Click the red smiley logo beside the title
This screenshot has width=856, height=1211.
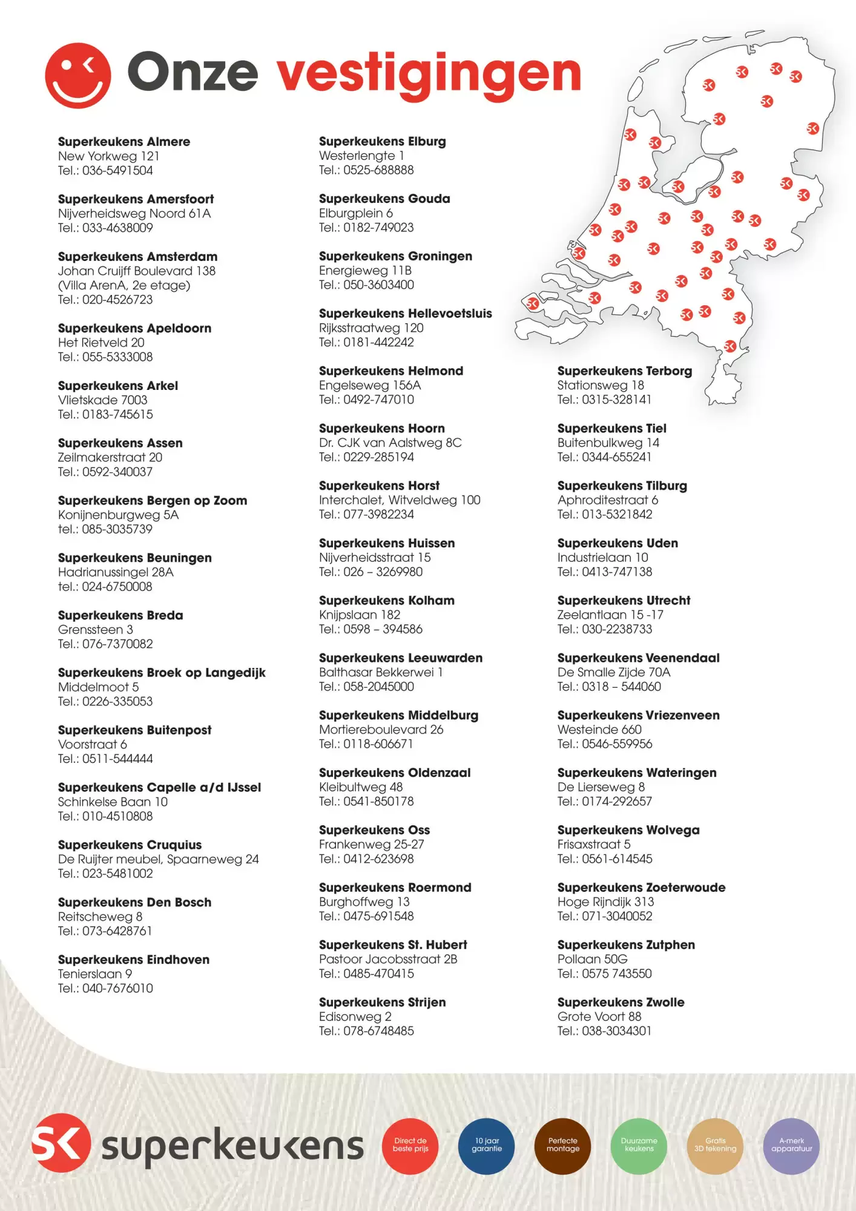[x=78, y=75]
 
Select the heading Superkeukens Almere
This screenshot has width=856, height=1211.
[x=124, y=142]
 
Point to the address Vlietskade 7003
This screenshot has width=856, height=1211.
[x=103, y=400]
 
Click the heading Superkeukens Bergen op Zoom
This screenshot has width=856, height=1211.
[x=153, y=501]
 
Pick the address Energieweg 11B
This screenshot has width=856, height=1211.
[x=365, y=271]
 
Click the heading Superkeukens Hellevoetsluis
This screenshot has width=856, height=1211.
[x=405, y=314]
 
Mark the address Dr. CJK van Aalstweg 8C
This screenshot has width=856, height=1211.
[x=390, y=443]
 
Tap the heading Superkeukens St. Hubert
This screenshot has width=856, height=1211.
[x=393, y=945]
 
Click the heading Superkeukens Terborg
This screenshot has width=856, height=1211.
[x=624, y=371]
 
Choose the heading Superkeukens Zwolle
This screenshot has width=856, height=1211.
[x=621, y=1003]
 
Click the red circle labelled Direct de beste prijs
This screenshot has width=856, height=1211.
[x=410, y=1146]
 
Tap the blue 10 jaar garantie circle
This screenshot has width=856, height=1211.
[x=487, y=1146]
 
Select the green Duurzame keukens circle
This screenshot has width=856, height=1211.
[x=639, y=1146]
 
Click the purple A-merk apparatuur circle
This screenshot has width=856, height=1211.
[x=791, y=1146]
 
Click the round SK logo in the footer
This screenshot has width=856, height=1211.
[x=61, y=1143]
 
